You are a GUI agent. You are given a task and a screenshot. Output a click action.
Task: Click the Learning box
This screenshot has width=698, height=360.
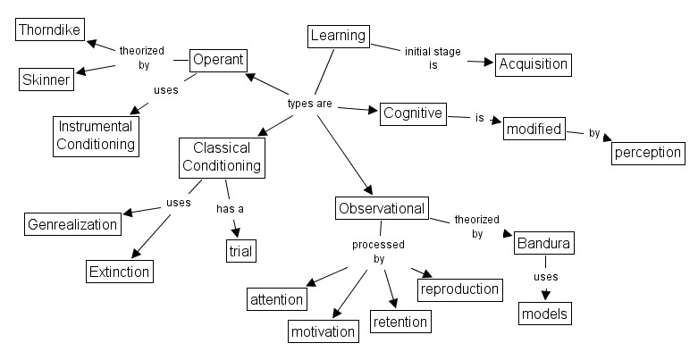pyautogui.click(x=338, y=36)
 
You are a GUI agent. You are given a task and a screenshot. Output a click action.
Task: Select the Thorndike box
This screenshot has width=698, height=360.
pyautogui.click(x=49, y=29)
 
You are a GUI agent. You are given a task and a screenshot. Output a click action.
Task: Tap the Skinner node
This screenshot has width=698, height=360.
pyautogui.click(x=46, y=80)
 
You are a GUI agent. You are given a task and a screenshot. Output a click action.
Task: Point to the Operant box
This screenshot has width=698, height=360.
pyautogui.click(x=217, y=60)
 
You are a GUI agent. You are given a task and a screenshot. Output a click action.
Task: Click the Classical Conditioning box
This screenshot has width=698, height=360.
pyautogui.click(x=222, y=156)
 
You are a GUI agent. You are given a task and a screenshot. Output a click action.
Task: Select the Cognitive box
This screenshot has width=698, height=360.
pyautogui.click(x=412, y=113)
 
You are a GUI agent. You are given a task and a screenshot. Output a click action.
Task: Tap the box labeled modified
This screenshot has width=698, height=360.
pyautogui.click(x=534, y=130)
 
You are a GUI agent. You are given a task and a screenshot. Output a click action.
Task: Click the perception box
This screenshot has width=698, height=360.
pyautogui.click(x=648, y=152)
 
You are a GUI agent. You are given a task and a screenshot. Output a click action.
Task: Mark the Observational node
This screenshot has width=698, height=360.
pyautogui.click(x=382, y=208)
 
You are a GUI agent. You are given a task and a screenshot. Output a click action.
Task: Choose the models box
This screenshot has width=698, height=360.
pyautogui.click(x=544, y=314)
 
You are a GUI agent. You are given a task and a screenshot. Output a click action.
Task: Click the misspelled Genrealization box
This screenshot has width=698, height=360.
pyautogui.click(x=72, y=224)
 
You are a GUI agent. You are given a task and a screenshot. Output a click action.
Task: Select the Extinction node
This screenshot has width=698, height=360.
pyautogui.click(x=120, y=270)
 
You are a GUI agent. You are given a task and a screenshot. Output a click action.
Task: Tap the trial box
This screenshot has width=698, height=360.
pyautogui.click(x=240, y=251)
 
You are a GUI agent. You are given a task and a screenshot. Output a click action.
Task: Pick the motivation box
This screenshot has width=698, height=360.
pyautogui.click(x=324, y=331)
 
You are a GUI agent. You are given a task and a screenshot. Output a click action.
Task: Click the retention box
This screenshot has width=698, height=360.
pyautogui.click(x=399, y=321)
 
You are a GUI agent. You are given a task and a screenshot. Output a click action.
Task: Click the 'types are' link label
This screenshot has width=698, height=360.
pyautogui.click(x=309, y=104)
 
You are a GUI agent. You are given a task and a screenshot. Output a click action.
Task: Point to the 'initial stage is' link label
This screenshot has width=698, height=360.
pyautogui.click(x=432, y=58)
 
